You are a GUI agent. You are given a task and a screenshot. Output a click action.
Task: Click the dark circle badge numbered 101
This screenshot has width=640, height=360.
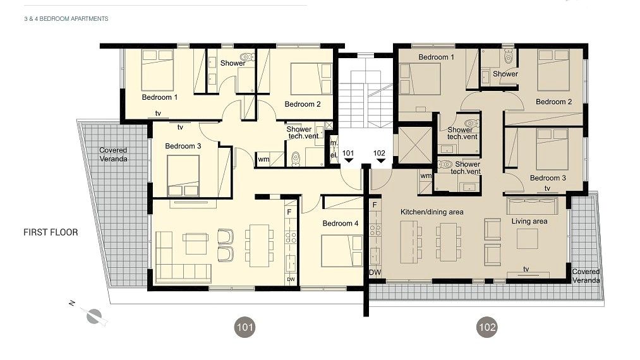click(245, 327)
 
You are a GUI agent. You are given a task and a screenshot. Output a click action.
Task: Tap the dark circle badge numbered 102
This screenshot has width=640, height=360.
click(487, 327)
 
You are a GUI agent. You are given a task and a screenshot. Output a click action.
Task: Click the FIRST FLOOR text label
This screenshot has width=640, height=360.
click(51, 232)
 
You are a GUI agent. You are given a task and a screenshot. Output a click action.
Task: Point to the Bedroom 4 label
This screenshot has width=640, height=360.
click(340, 224)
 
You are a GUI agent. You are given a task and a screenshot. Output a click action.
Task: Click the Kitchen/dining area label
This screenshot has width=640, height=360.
click(432, 212)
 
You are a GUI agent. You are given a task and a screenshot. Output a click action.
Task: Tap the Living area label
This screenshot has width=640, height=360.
click(529, 221)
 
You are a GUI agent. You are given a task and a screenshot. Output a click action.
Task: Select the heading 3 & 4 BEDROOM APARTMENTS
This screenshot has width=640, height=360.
click(66, 19)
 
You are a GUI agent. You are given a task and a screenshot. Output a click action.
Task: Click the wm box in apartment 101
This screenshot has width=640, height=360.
click(263, 159)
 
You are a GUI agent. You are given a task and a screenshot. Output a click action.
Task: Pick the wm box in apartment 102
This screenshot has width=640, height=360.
click(425, 176)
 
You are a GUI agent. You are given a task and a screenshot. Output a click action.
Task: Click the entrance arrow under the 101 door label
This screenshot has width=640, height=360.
click(348, 162)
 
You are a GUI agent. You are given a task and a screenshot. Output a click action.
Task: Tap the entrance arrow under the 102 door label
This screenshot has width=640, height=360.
click(380, 162)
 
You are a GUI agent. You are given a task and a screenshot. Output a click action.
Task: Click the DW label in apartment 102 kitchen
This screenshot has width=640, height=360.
click(375, 272)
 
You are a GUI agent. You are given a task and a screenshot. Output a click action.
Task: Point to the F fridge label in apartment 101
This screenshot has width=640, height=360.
click(289, 212)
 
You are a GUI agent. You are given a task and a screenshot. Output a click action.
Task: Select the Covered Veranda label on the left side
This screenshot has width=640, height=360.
click(113, 154)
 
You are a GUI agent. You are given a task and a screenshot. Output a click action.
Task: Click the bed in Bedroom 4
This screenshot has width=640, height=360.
click(335, 250)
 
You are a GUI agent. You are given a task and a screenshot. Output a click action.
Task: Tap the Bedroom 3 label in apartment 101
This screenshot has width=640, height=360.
click(183, 146)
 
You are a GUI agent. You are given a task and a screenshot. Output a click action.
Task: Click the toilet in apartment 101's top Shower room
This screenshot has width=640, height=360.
click(248, 57)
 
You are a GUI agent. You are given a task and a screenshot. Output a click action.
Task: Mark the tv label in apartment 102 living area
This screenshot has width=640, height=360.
click(526, 268)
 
